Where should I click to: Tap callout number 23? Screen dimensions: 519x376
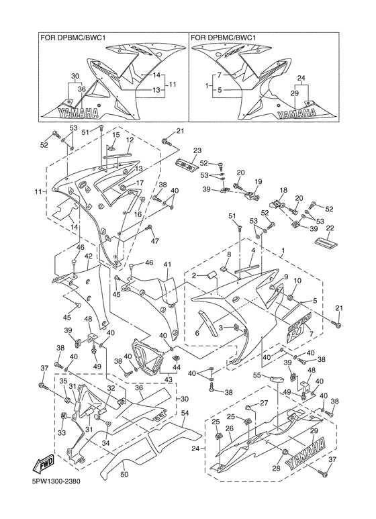coord(197,150)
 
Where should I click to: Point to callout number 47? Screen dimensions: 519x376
coord(154,241)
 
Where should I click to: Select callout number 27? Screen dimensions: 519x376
coord(264,404)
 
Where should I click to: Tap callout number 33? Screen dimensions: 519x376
coord(63,433)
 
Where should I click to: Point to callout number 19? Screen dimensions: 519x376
coord(258,182)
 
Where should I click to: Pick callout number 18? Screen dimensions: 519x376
coord(283,190)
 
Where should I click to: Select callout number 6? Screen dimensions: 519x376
coord(197,333)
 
